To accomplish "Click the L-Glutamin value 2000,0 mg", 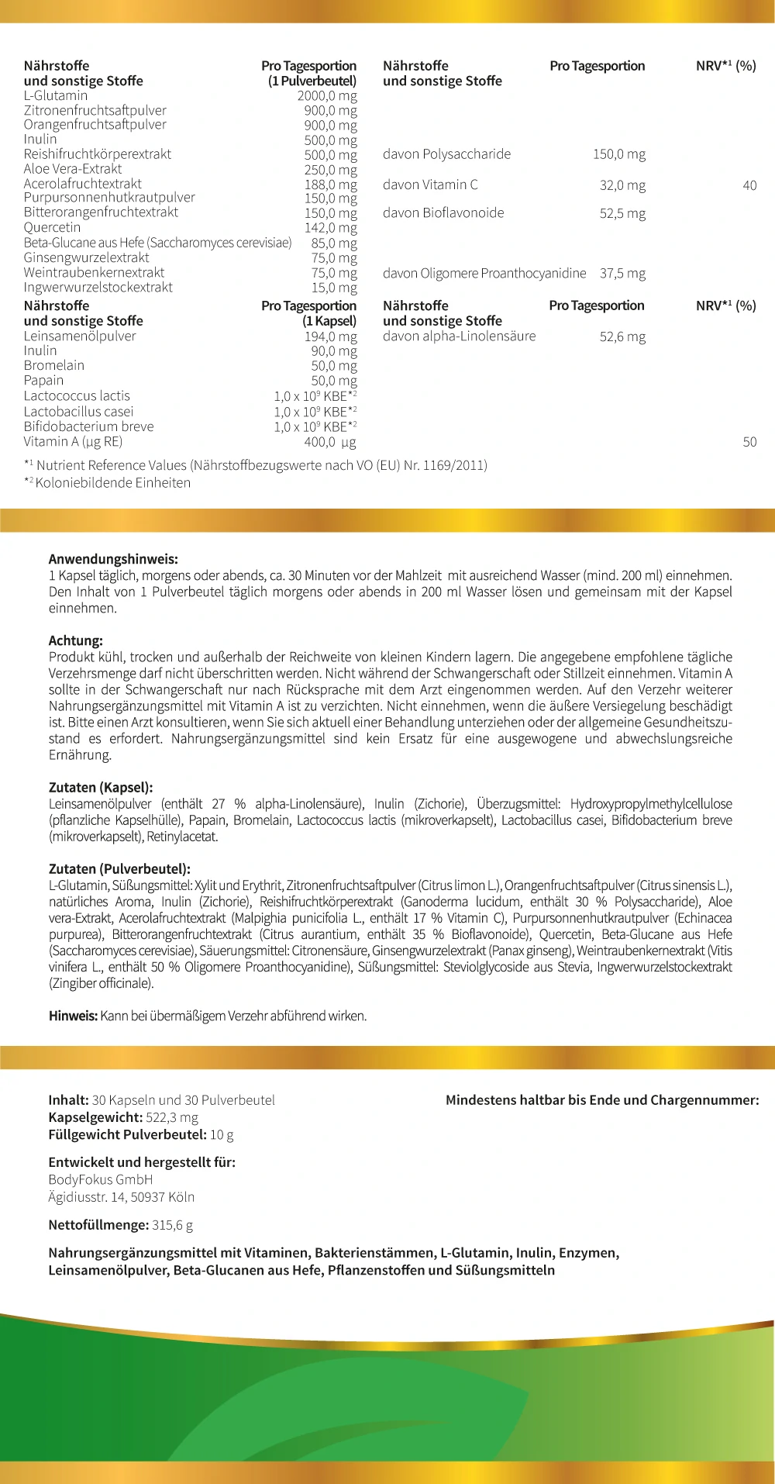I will click(x=327, y=96).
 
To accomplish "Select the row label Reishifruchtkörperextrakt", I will click(x=98, y=154).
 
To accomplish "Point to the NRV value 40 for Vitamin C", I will click(x=749, y=185).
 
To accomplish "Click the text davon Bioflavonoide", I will click(x=443, y=213).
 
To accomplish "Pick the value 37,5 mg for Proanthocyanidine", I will click(x=622, y=274).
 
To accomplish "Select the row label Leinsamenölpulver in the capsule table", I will click(x=80, y=336).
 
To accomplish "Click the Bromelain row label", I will click(x=54, y=366).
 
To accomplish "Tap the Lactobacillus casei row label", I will click(x=78, y=412).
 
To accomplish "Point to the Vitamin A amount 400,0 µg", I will click(x=330, y=442).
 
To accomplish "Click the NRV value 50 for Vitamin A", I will click(x=749, y=442).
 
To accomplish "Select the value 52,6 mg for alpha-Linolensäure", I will click(x=622, y=336).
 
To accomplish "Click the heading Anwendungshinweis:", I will click(x=113, y=559).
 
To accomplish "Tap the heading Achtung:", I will click(x=76, y=641).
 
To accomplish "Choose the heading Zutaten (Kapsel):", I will click(x=101, y=788).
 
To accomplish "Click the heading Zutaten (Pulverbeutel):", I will click(x=119, y=869).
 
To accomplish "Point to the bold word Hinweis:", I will click(x=73, y=1016).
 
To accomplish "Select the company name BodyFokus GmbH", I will click(x=101, y=1179).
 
